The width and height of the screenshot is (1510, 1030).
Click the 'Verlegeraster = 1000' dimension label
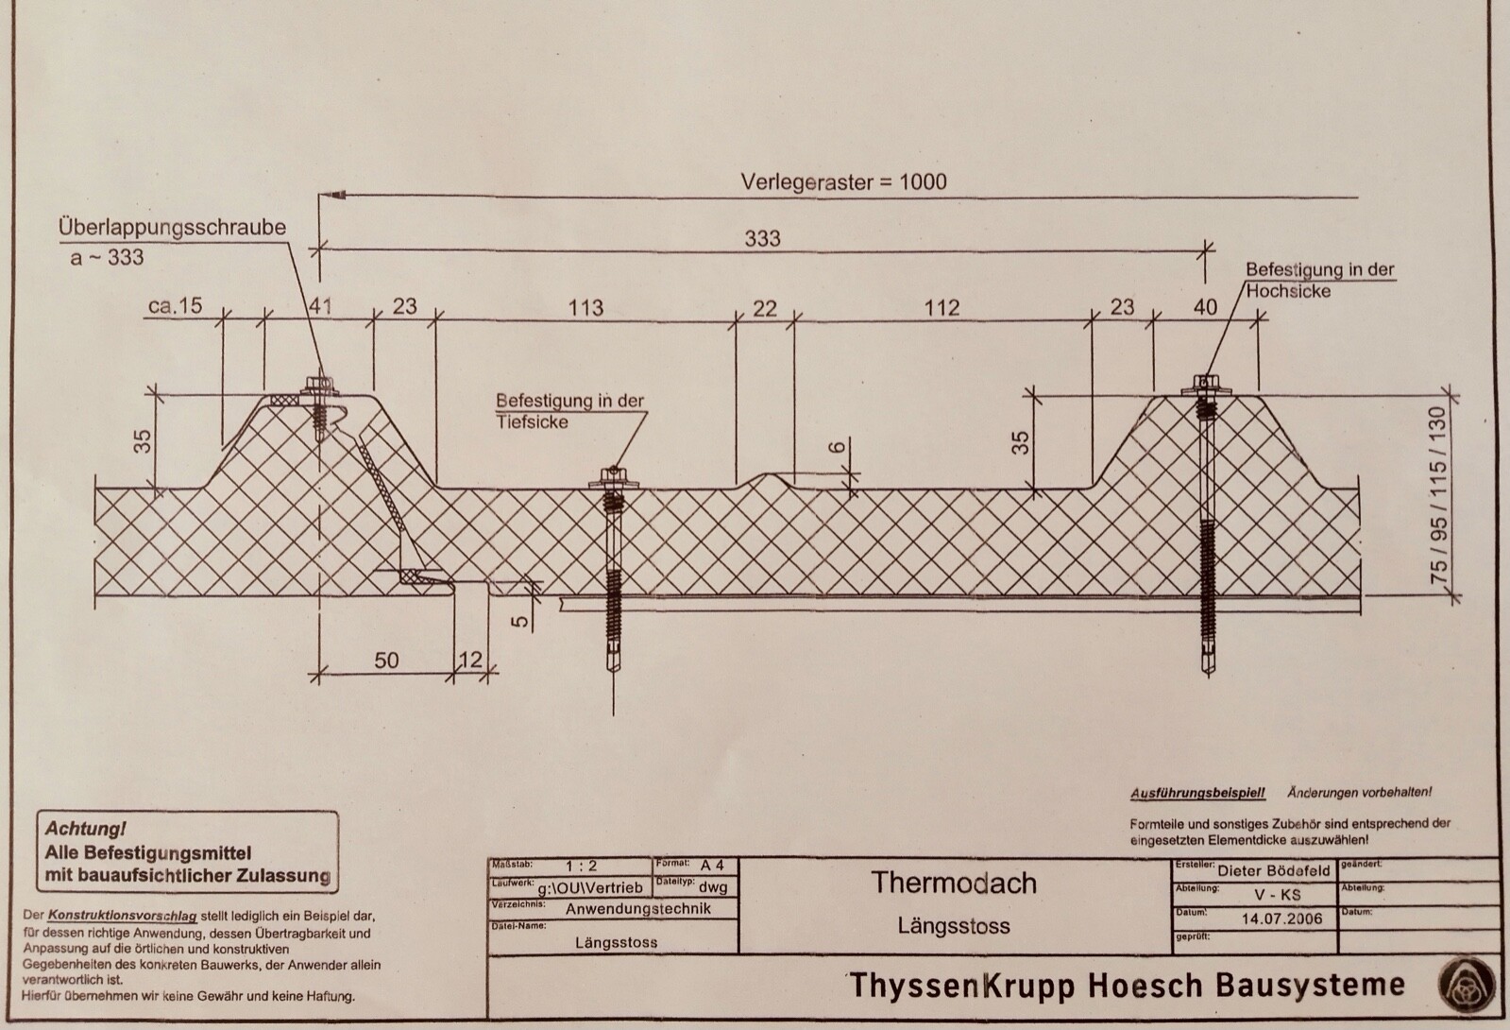843,181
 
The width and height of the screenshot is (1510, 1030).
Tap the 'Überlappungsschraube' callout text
172,228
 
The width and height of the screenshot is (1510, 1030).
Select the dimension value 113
585,307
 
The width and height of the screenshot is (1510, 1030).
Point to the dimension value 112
942,307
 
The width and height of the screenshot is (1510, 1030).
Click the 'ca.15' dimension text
176,307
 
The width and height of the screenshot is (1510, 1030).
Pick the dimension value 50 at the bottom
387,660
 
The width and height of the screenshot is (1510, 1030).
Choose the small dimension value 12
469,660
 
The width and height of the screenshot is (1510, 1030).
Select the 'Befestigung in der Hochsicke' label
1319,280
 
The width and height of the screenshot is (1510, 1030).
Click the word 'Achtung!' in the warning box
85,830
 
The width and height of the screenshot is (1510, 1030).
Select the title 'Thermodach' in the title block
954,883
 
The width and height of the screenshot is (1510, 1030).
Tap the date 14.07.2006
1281,918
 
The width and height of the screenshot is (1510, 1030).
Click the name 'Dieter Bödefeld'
1274,870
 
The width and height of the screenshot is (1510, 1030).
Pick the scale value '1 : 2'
581,866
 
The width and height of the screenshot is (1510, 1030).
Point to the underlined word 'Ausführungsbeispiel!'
1197,793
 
